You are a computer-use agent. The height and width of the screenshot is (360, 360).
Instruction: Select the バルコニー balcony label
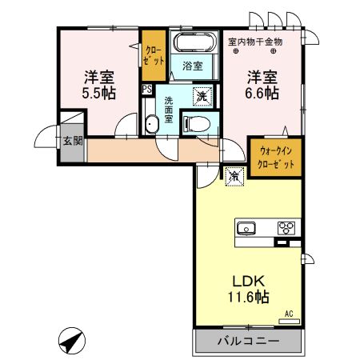(248, 341)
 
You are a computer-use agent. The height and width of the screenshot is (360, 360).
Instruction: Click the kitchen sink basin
(248, 229)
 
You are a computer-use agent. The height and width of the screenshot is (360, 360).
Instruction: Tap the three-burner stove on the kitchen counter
(286, 228)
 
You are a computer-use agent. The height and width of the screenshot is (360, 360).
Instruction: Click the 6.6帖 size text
(262, 94)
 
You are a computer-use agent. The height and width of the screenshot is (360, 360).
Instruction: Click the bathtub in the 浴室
(194, 44)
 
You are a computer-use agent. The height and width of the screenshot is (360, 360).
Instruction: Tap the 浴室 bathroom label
(192, 66)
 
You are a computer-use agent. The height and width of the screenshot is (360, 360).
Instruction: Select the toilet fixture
(194, 122)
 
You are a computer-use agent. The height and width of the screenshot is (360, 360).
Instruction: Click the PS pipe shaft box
(146, 90)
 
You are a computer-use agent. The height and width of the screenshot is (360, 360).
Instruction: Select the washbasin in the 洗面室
(152, 124)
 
